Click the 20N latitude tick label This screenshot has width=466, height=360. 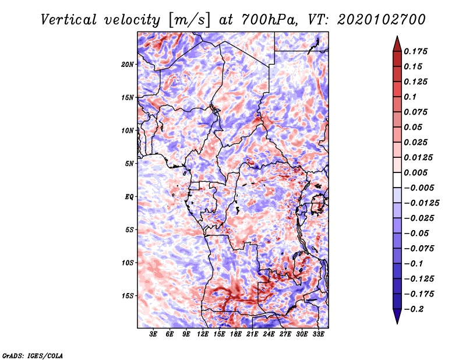coord(127,65)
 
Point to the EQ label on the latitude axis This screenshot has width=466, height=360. coord(129,197)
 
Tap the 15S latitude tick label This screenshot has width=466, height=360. coord(128,296)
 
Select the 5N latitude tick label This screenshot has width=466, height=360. coord(129,164)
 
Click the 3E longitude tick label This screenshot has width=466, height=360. coord(153,334)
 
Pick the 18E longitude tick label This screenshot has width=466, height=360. coord(236,334)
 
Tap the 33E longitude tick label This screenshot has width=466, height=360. coord(318,334)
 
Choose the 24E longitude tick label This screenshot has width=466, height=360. coord(269,334)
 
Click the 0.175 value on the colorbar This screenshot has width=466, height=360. coord(415,51)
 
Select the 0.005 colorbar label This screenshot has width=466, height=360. coord(415,172)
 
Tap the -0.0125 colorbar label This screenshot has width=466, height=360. coord(421,203)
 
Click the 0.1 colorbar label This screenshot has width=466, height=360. coord(410,97)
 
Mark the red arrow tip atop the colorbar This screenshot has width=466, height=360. coord(397,36)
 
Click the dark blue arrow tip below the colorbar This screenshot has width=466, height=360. coord(397,323)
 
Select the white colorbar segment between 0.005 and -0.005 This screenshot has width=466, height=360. coord(397,180)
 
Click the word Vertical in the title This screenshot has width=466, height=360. coord(69,20)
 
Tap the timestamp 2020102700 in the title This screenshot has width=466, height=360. coord(382,20)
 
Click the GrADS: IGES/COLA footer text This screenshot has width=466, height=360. coord(33,356)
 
